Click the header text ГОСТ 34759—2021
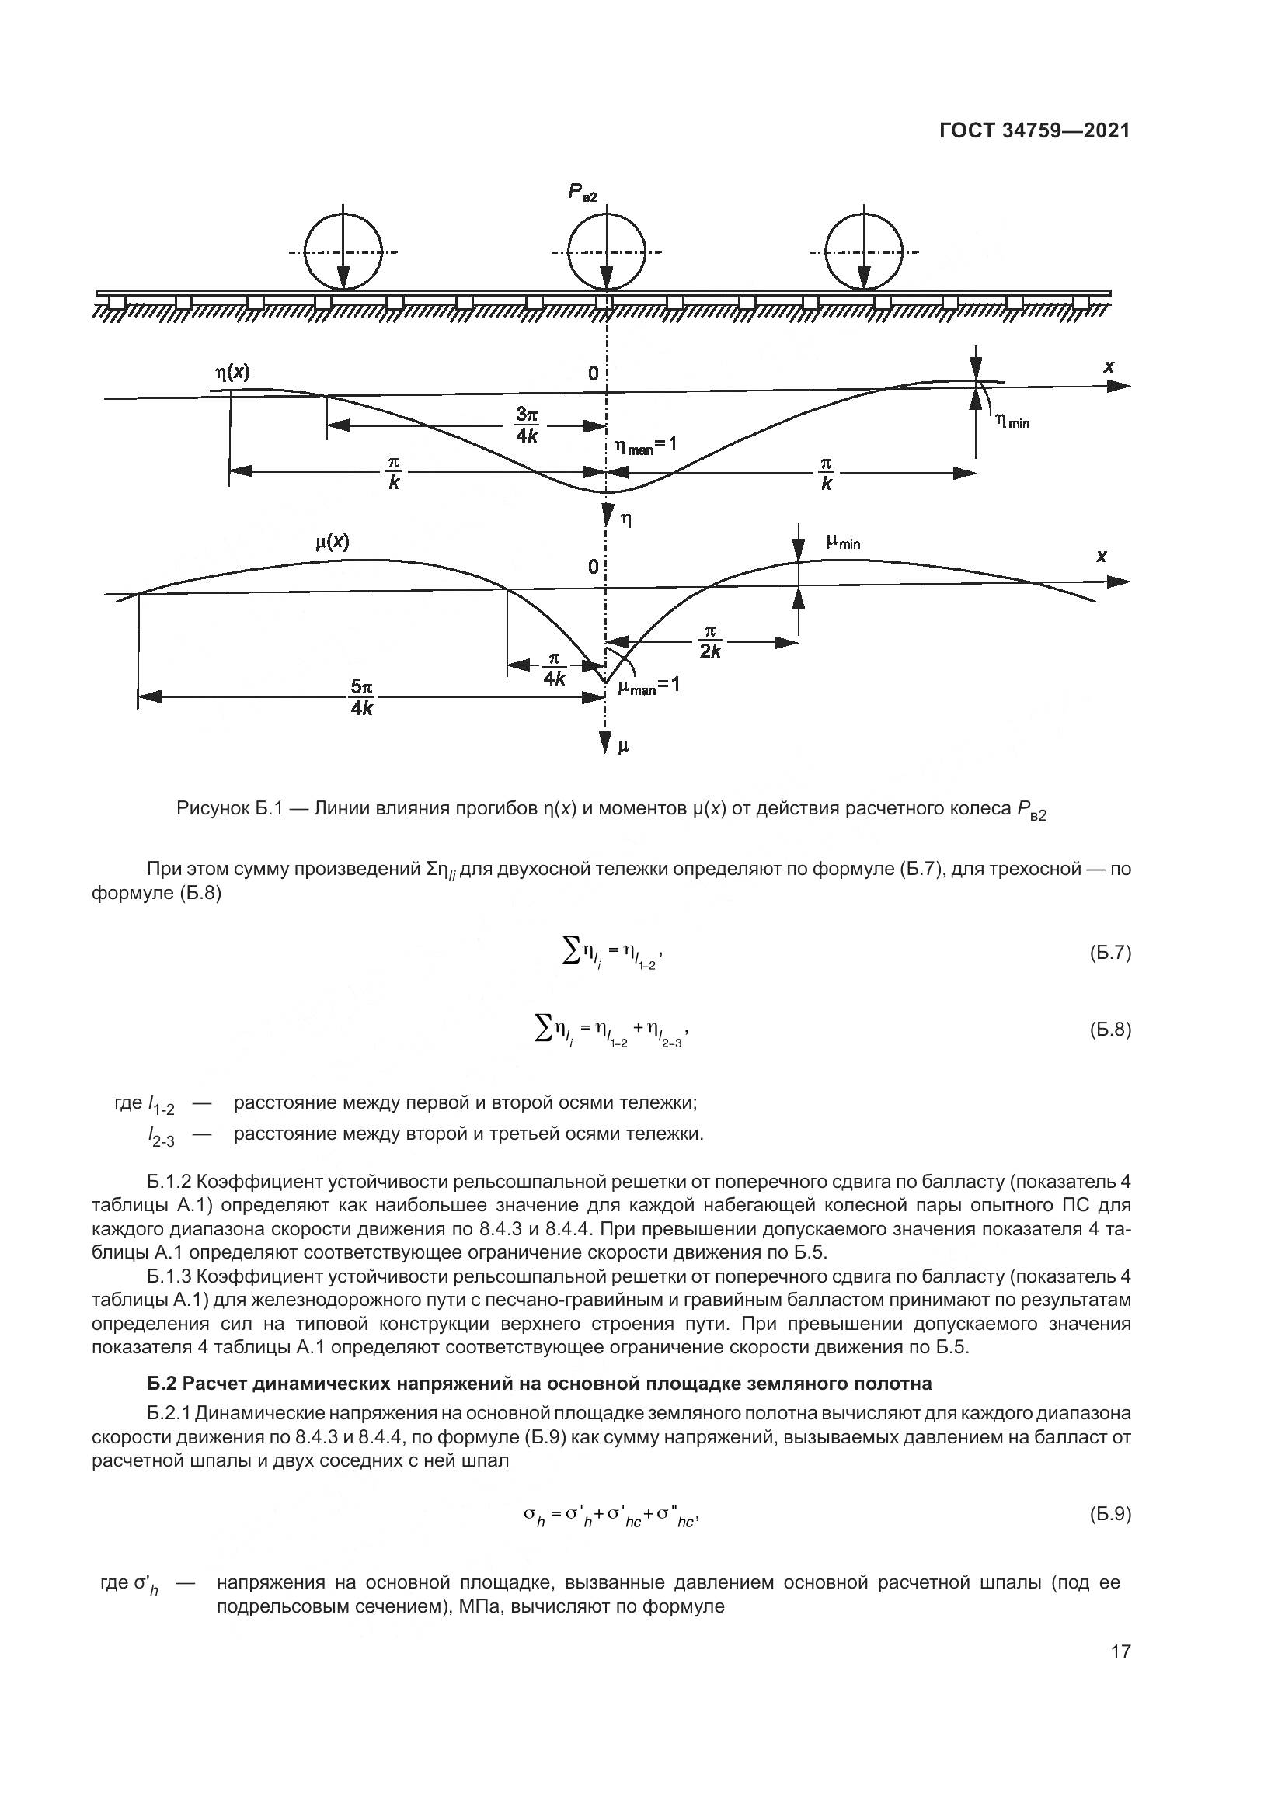tap(1034, 130)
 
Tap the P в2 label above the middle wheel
tap(583, 193)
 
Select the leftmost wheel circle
tap(343, 252)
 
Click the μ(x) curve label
tap(332, 543)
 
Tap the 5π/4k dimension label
tap(361, 696)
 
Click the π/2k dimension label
tap(710, 641)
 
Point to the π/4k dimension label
tap(554, 668)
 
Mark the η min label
tap(1012, 422)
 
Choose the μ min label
tap(843, 542)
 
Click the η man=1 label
tap(646, 446)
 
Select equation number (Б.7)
tap(1110, 953)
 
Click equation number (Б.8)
tap(1110, 1030)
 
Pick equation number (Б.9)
tap(1110, 1514)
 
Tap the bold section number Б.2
tap(163, 1384)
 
